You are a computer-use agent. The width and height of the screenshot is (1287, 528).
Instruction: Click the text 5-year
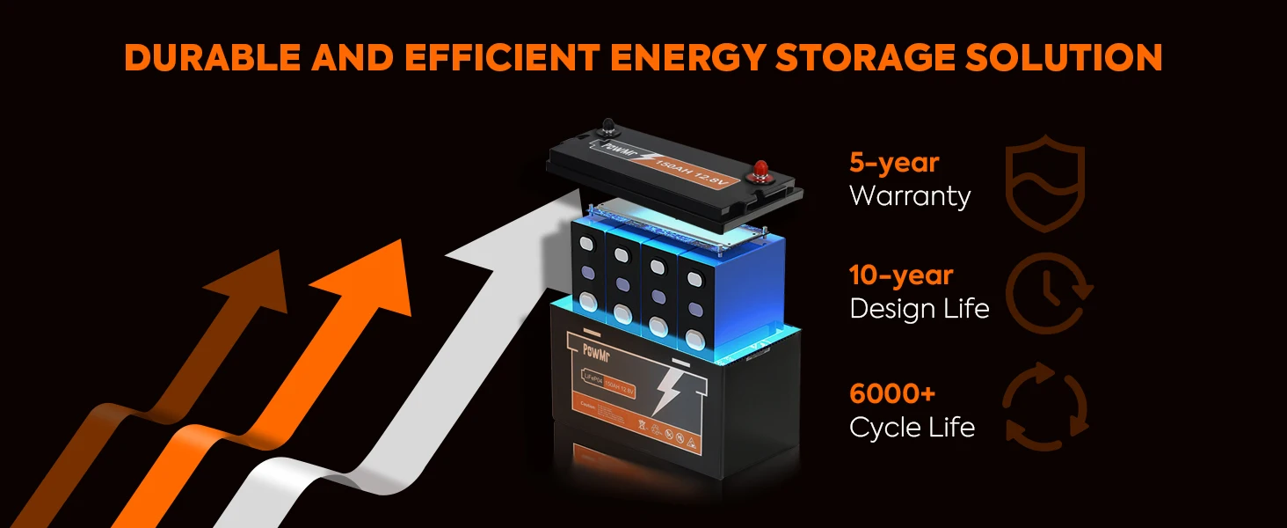[894, 163]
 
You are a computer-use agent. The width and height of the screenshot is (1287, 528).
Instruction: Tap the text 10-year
[901, 275]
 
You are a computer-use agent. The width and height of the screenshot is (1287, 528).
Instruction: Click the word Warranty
[910, 195]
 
